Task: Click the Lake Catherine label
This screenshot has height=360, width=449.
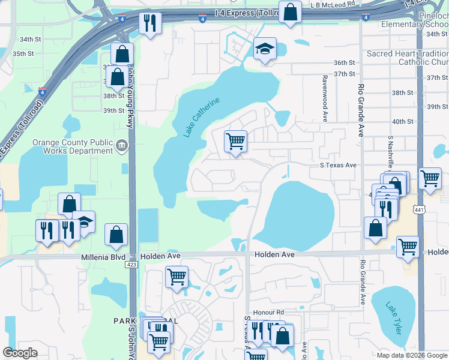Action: coord(203,117)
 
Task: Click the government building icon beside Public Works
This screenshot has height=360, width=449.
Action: coord(121,145)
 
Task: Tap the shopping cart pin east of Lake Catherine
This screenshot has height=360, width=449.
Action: coord(235,142)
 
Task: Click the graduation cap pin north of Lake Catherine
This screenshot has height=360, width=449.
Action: coord(264,49)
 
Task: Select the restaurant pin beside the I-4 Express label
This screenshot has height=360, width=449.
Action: coord(148,23)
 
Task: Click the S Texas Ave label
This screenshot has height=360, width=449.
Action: coord(337,165)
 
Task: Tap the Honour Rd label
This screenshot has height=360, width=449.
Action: coord(268,312)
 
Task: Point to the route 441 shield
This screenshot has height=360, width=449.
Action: coord(420,208)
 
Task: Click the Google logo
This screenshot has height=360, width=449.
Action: coord(20,353)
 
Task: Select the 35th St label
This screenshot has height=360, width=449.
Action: coord(23,53)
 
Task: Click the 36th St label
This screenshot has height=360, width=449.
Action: coord(345,62)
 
